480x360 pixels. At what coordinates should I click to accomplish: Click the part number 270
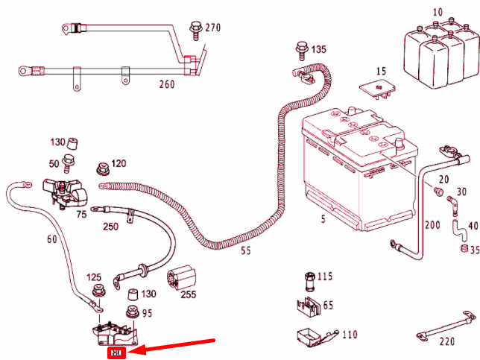pyautogui.click(x=213, y=28)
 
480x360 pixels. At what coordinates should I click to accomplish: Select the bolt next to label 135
pyautogui.click(x=299, y=48)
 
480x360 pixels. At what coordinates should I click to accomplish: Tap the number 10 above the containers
pyautogui.click(x=436, y=13)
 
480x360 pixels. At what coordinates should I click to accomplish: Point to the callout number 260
pyautogui.click(x=166, y=84)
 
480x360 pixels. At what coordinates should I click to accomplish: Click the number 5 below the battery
pyautogui.click(x=323, y=220)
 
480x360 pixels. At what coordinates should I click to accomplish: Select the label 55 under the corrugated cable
pyautogui.click(x=246, y=251)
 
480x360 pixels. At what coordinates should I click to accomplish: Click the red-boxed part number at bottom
pyautogui.click(x=116, y=353)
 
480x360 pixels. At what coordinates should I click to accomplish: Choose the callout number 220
pyautogui.click(x=446, y=343)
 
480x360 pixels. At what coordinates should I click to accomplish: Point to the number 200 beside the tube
pyautogui.click(x=432, y=224)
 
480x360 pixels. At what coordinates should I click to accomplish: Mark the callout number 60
pyautogui.click(x=51, y=239)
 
